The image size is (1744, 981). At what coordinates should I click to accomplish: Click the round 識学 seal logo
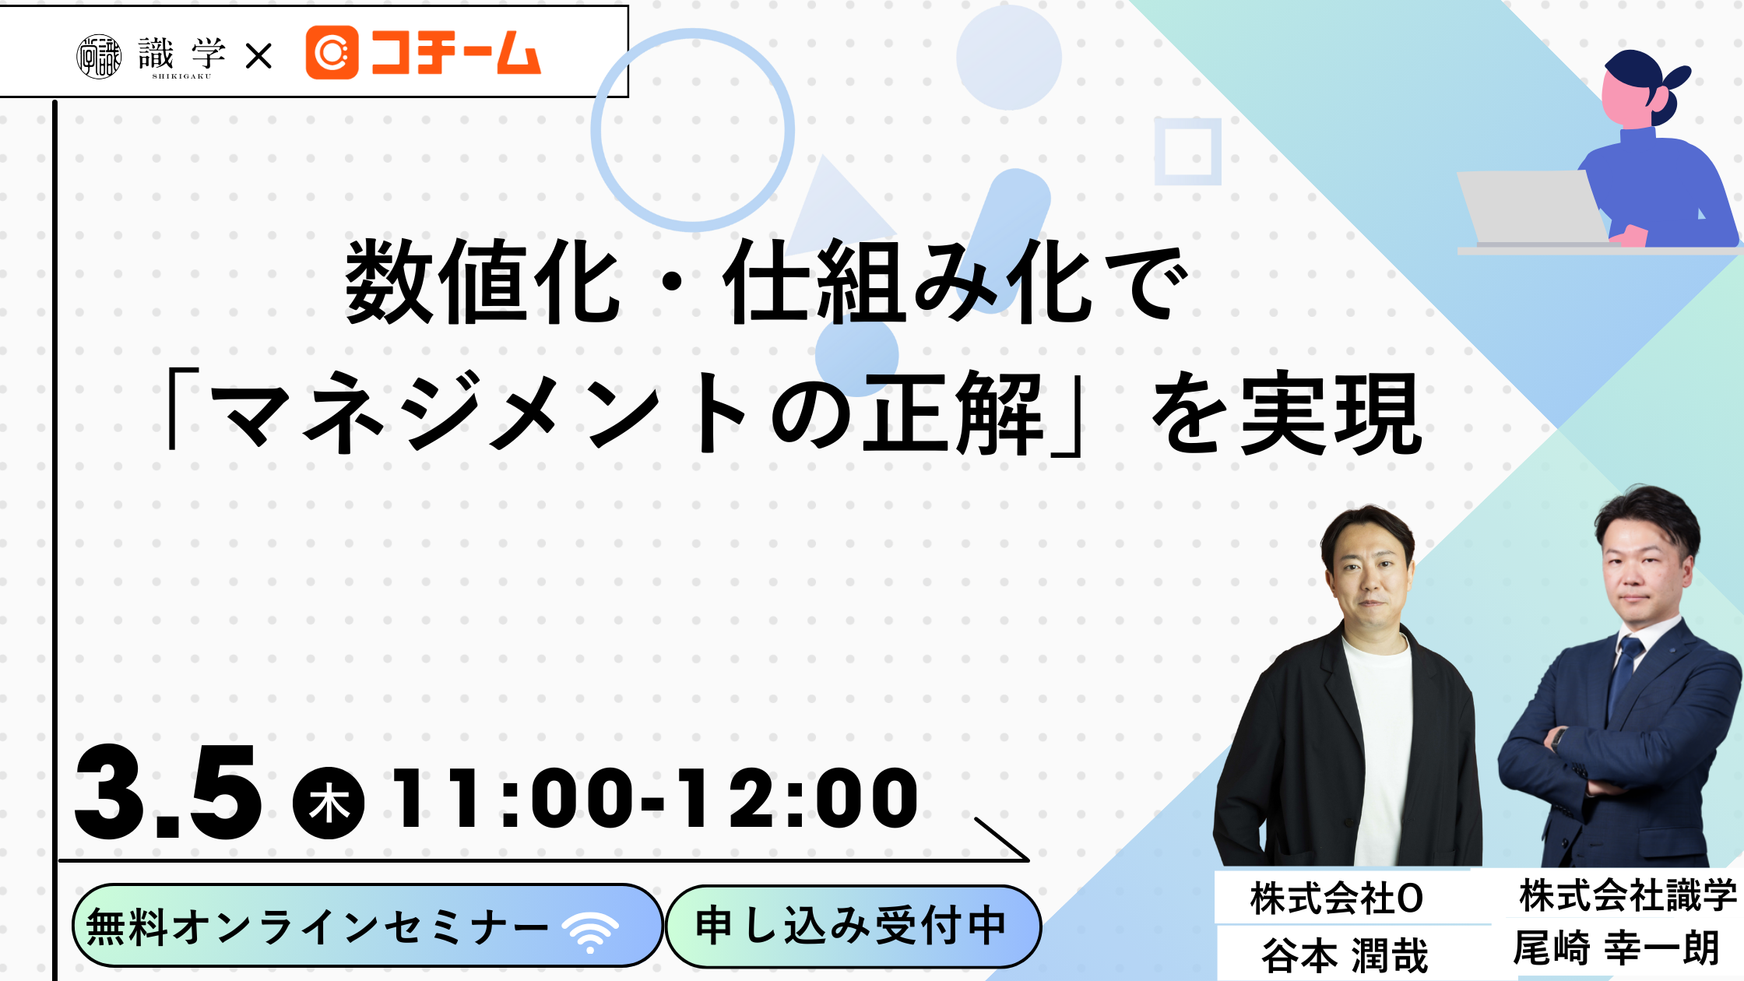click(99, 57)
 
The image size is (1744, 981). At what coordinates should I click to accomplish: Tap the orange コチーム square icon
click(332, 52)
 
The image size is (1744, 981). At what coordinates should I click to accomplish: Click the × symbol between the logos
click(258, 56)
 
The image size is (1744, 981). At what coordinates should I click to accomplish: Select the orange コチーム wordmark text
click(455, 53)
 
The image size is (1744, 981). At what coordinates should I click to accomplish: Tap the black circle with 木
click(329, 803)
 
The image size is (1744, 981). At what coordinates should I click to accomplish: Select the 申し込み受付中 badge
click(853, 926)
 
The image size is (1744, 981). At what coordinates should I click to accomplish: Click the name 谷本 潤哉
click(1345, 955)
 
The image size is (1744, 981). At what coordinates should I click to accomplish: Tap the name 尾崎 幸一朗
click(1616, 948)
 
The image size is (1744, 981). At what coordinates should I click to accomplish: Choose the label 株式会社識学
click(1628, 895)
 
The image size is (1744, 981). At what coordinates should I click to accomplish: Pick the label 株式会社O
click(1337, 898)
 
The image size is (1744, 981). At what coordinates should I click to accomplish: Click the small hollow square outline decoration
click(1187, 151)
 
